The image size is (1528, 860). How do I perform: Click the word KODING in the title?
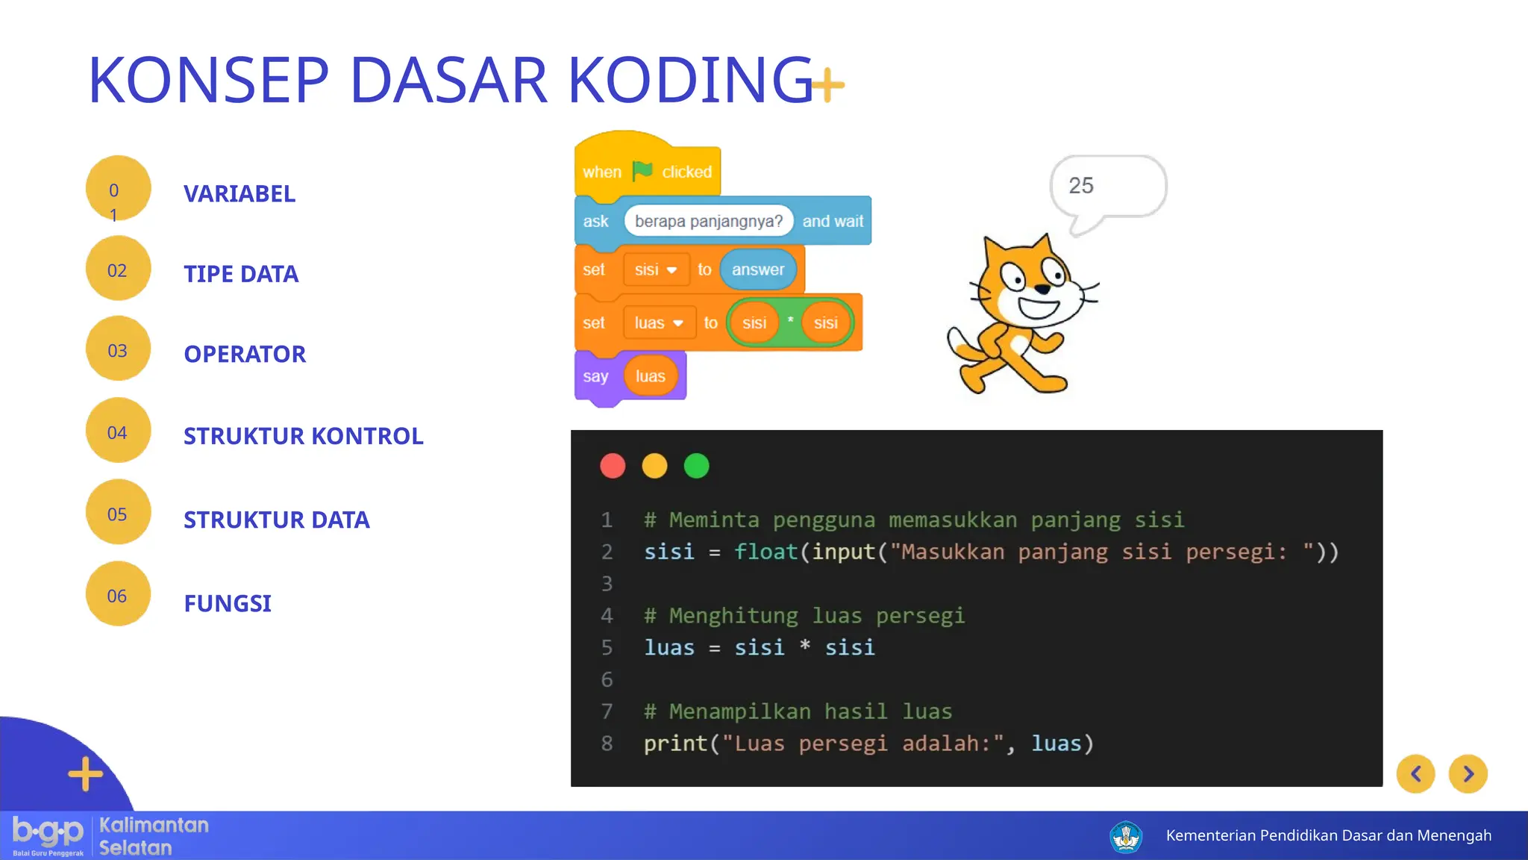click(x=690, y=80)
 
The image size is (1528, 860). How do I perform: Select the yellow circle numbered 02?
click(x=118, y=269)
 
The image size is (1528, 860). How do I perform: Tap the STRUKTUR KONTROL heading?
click(x=303, y=436)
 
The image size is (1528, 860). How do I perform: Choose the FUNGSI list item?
click(x=228, y=603)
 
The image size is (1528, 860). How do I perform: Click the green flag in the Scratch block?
click(x=642, y=171)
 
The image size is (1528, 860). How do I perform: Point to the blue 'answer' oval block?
click(x=757, y=269)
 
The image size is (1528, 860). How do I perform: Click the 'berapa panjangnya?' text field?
click(x=708, y=221)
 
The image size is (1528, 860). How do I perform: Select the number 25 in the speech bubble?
click(x=1081, y=185)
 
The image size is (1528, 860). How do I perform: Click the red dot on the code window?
click(x=613, y=466)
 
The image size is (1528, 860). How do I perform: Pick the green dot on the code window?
click(x=696, y=466)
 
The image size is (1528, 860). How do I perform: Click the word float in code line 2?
click(x=765, y=552)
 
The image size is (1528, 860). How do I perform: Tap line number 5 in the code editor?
click(x=607, y=647)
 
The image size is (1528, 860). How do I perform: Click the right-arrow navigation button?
click(x=1468, y=774)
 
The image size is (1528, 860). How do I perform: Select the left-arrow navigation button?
click(x=1415, y=774)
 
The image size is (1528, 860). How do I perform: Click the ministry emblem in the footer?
click(x=1125, y=836)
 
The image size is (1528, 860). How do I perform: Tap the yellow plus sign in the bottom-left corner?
click(x=86, y=773)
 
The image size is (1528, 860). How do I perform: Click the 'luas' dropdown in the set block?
click(x=659, y=322)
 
